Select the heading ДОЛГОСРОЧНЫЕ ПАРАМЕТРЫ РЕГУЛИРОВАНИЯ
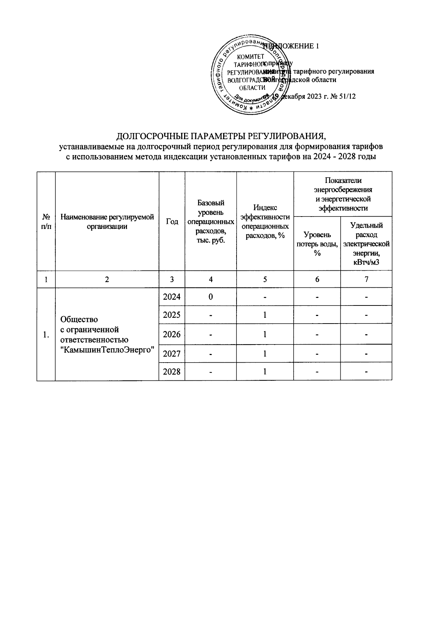tap(221, 137)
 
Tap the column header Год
tap(172, 222)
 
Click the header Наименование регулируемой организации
tap(107, 222)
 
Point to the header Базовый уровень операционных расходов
tap(211, 222)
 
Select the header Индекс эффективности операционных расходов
tap(265, 222)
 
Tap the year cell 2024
tap(172, 297)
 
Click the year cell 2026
tap(172, 334)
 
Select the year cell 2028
tap(172, 371)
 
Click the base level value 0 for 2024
tap(210, 297)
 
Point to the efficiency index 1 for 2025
tap(265, 315)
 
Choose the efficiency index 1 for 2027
tap(265, 353)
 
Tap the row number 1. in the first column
tap(46, 335)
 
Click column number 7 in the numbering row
tap(366, 279)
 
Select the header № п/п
tap(46, 222)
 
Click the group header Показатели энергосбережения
tap(343, 194)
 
